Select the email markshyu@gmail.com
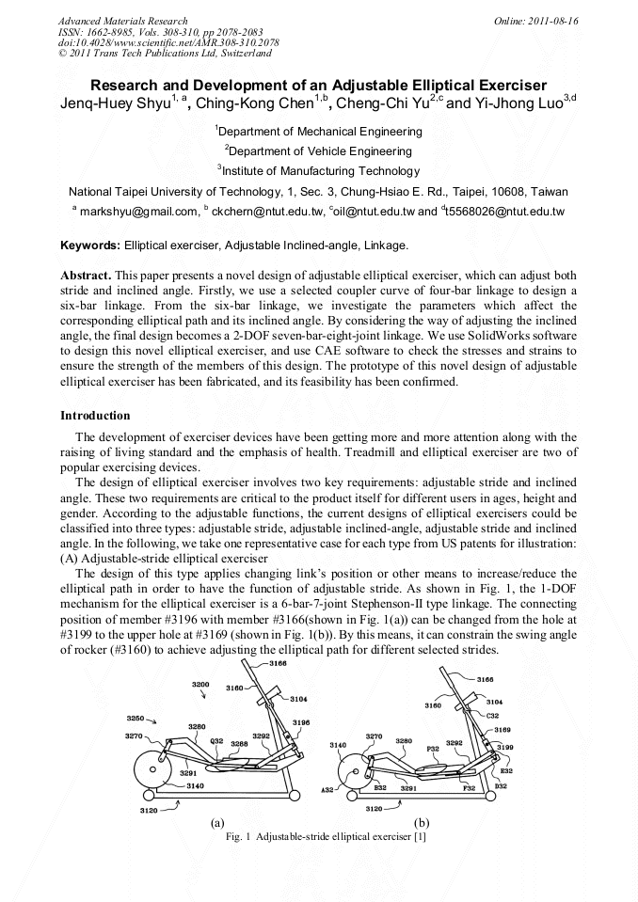[139, 212]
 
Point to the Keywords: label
[90, 245]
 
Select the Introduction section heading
[95, 415]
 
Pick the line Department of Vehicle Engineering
[319, 151]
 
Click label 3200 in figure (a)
[201, 684]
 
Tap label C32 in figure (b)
[492, 715]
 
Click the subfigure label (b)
[422, 821]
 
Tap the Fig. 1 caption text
[320, 837]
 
